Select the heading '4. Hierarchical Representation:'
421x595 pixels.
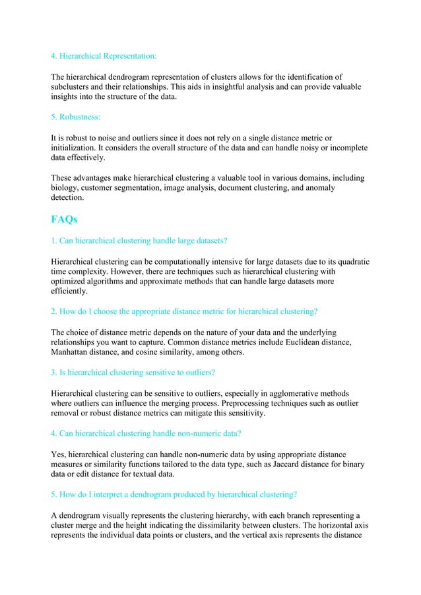click(104, 55)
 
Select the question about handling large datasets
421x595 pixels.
click(139, 240)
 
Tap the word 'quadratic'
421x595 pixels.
click(348, 261)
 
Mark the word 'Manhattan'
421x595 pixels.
click(74, 352)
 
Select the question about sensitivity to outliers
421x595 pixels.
click(133, 372)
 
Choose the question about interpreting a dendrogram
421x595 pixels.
click(174, 493)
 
